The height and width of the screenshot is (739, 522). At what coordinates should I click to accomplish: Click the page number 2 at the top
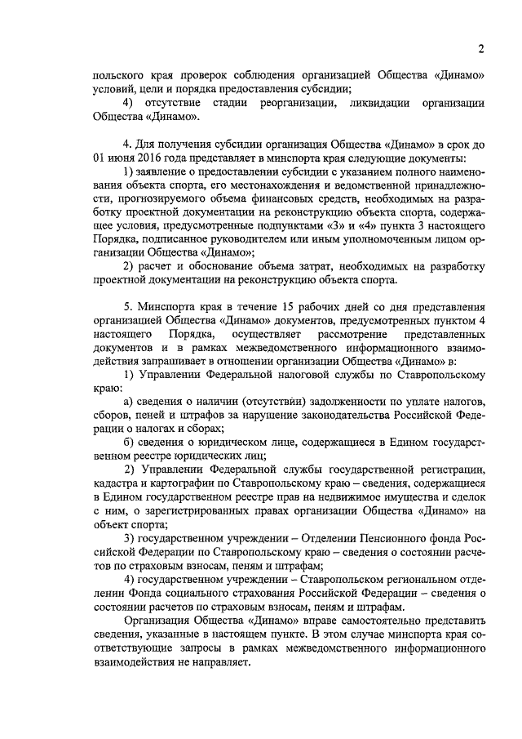coord(481,49)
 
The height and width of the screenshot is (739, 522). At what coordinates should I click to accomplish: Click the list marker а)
coord(128,400)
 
